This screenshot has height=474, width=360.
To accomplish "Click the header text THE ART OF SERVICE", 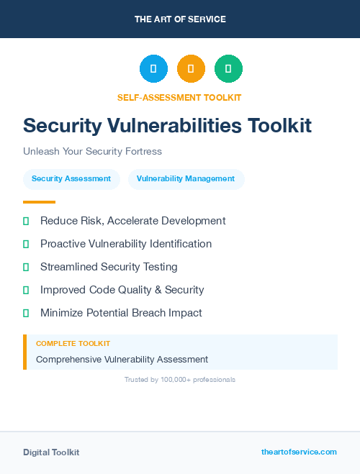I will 180,19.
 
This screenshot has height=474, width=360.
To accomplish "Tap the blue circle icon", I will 153,69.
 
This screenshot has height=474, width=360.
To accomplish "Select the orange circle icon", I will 191,69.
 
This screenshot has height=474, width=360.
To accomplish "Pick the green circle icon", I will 228,69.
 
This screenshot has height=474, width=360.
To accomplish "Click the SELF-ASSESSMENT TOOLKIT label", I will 180,97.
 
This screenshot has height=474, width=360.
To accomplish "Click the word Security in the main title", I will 62,126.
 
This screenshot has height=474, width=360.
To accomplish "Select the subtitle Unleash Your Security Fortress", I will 92,152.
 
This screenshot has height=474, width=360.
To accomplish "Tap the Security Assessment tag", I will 71,178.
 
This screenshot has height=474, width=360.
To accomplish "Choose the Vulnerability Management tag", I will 186,178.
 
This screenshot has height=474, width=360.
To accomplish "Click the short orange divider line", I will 39,202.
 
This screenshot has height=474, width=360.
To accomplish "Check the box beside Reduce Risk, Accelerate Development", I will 26,221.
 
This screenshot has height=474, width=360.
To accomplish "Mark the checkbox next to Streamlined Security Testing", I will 26,267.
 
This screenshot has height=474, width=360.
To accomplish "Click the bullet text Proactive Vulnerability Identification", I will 126,244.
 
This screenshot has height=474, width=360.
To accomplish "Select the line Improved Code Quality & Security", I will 122,290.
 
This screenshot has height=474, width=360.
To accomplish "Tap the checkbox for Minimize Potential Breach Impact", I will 26,313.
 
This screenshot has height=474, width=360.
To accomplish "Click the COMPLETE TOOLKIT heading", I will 73,344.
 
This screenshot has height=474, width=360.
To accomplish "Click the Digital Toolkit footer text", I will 51,452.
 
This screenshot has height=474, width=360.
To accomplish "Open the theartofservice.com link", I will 299,452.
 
